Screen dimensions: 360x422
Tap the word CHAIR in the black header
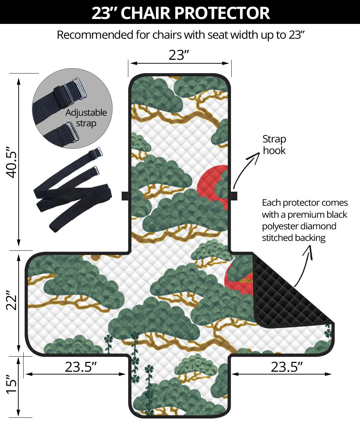click(x=145, y=13)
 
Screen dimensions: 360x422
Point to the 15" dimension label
click(x=12, y=384)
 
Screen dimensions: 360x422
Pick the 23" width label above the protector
click(x=179, y=55)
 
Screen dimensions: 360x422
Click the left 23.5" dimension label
click(x=81, y=367)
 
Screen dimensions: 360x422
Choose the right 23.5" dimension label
click(x=287, y=367)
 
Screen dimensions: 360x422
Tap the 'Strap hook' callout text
click(x=274, y=145)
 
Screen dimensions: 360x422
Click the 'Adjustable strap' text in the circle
click(x=86, y=118)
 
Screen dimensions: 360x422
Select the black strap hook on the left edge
click(x=125, y=196)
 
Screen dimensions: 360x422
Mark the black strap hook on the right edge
click(x=234, y=196)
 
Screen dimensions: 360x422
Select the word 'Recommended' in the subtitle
click(x=95, y=35)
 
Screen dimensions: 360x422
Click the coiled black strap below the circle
click(x=72, y=190)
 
